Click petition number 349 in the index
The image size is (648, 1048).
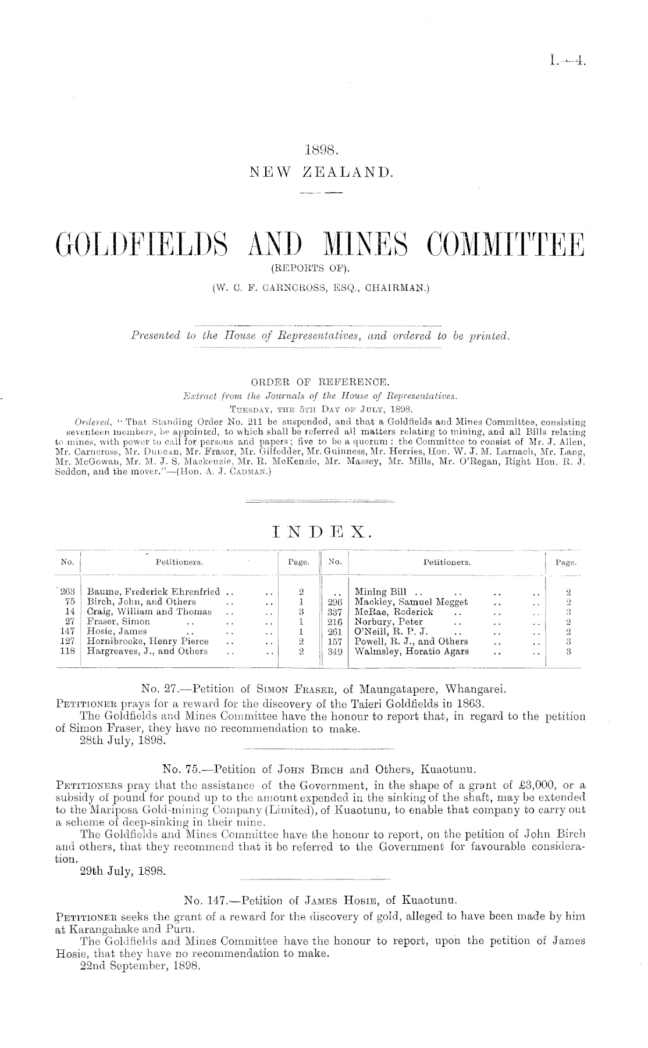(333, 652)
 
